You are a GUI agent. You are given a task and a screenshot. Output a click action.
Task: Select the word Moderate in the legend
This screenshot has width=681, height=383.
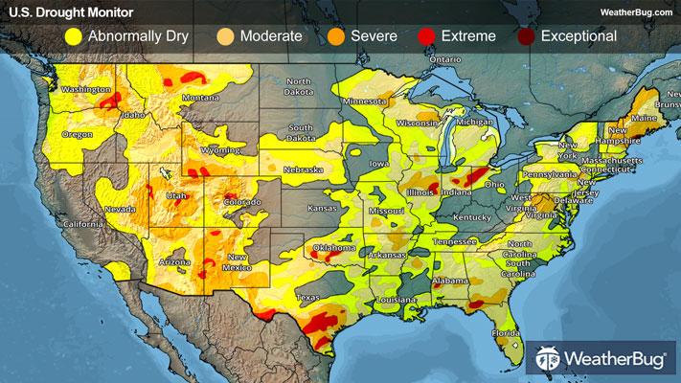(272, 37)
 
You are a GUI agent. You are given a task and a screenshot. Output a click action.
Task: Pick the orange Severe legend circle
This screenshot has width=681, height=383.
(334, 37)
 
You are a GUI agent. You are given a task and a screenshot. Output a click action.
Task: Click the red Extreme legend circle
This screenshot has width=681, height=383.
(425, 37)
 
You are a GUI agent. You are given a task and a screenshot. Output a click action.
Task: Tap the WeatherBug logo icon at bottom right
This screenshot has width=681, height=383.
(548, 359)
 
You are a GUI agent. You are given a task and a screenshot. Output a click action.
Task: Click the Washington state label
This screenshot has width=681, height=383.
(84, 90)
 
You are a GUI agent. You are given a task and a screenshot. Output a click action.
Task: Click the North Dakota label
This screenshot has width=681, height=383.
(299, 86)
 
